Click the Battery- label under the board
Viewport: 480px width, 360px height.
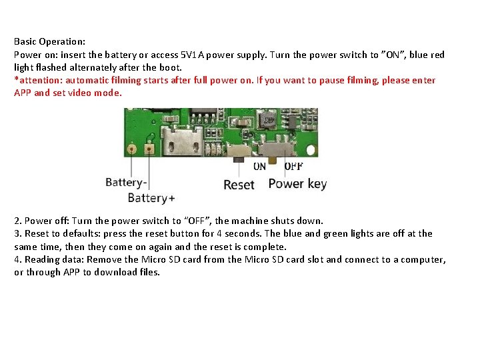(x=126, y=181)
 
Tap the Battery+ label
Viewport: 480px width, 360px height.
(x=151, y=198)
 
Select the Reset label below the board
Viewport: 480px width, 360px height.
(x=239, y=185)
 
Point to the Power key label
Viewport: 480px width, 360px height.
(x=297, y=183)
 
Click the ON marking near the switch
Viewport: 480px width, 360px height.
(x=259, y=166)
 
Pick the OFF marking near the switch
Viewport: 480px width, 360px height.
(x=294, y=166)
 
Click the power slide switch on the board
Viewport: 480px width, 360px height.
(x=275, y=148)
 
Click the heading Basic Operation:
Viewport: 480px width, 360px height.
(x=50, y=41)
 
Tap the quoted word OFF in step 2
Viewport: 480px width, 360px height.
(x=198, y=221)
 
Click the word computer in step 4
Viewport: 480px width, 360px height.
(x=421, y=259)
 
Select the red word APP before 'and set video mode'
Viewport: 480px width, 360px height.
(x=23, y=93)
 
